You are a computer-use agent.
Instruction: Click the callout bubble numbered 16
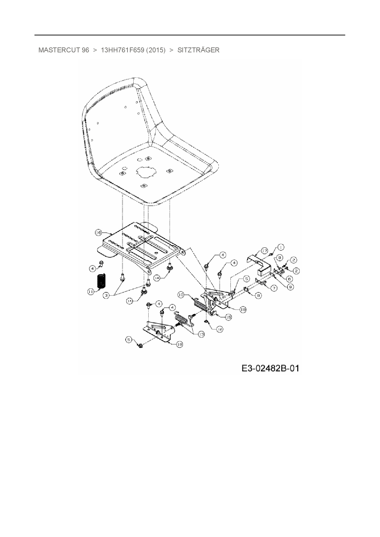[98, 233]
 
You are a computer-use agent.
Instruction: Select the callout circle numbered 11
[91, 292]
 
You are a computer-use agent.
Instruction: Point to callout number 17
[264, 251]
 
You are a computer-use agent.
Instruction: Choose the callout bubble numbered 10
[181, 295]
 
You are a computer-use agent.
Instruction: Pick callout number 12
[220, 329]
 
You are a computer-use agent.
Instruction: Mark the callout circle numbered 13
[201, 334]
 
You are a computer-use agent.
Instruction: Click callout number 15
[228, 317]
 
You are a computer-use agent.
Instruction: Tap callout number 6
[289, 279]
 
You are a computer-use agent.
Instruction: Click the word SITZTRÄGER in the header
[198, 50]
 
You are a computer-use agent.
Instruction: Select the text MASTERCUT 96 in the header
[64, 50]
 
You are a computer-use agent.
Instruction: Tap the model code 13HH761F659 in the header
[123, 50]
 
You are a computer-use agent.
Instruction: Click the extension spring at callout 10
[200, 304]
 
